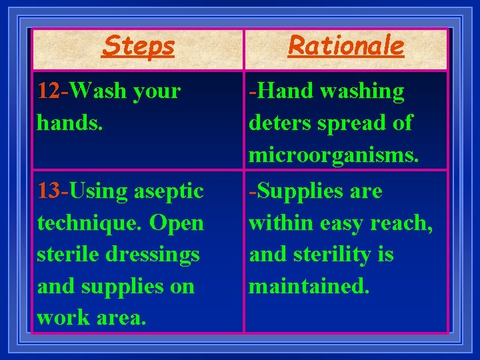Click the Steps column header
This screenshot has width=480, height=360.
(x=139, y=46)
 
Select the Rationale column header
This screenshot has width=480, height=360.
(x=345, y=46)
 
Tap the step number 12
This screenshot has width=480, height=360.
(x=49, y=91)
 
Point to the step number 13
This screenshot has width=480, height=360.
(x=49, y=191)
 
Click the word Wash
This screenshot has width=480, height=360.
(x=99, y=91)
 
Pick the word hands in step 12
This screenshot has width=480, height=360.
(x=66, y=123)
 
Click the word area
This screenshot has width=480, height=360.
(x=120, y=319)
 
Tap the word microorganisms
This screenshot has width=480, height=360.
(x=333, y=155)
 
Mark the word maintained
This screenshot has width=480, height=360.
(x=308, y=287)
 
